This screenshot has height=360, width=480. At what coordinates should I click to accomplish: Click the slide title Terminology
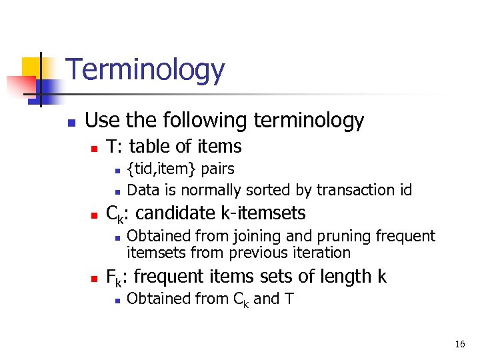(145, 69)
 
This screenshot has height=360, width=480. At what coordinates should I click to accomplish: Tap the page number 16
(460, 344)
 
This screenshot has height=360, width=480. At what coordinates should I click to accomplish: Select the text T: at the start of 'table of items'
(115, 146)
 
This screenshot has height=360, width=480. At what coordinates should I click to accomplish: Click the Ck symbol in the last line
(241, 299)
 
